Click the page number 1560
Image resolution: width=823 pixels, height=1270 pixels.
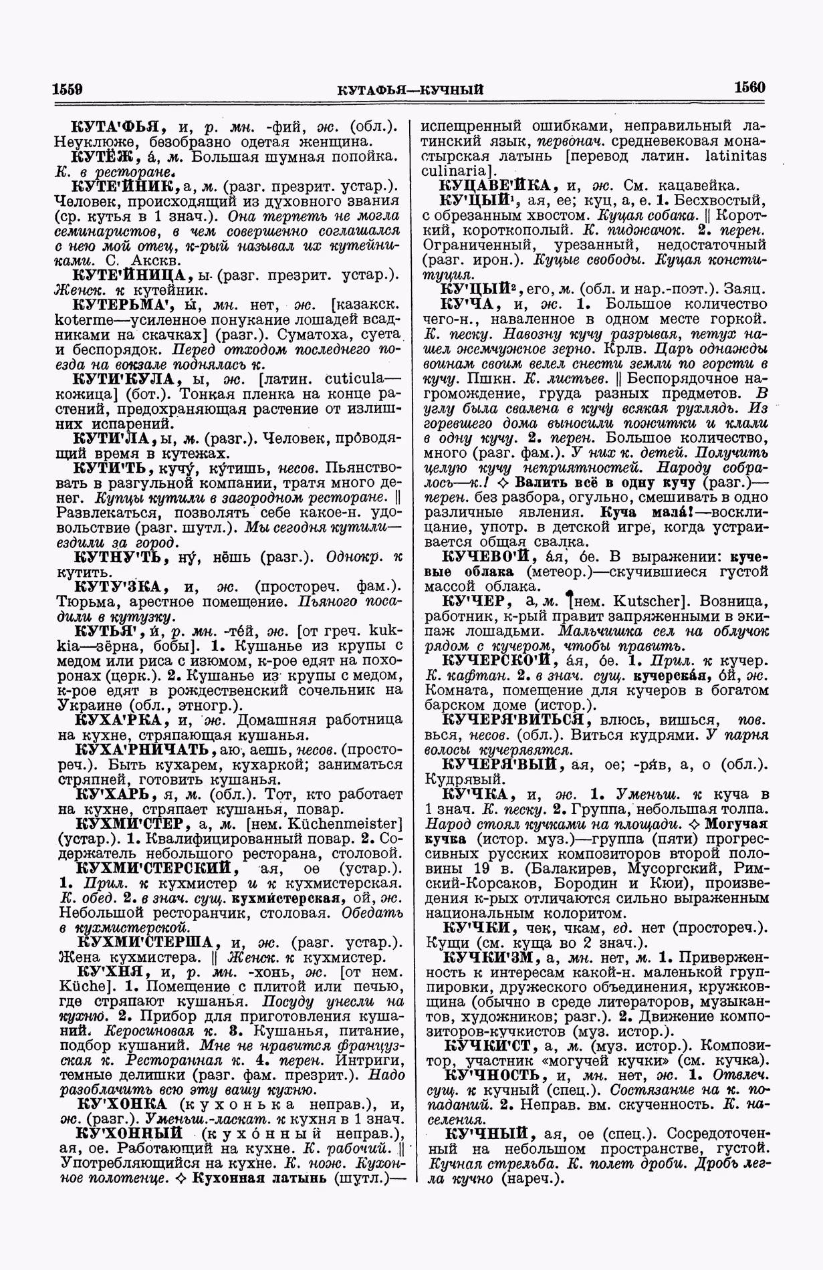(x=749, y=88)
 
